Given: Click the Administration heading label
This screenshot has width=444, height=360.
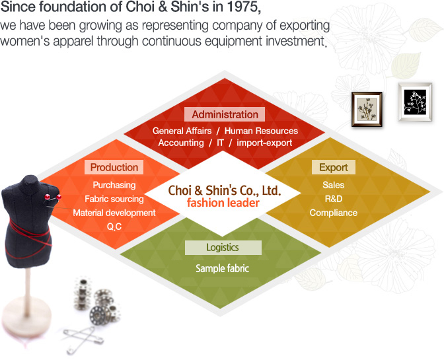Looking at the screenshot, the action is coord(225,114).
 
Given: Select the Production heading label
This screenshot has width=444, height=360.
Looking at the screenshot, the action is coord(114,167).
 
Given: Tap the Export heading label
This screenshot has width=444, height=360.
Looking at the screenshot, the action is coord(334,167).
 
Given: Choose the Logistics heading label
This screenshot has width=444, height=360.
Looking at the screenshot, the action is coord(223,248).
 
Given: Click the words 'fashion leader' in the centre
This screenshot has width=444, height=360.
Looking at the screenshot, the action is coord(223,203).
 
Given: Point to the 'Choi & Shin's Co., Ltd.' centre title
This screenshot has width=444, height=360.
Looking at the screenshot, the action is coord(225,190).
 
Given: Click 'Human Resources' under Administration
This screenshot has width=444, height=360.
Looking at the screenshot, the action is coord(261,131).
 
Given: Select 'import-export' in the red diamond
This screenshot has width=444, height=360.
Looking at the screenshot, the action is coord(264,143).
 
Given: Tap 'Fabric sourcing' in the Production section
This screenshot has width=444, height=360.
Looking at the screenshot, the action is coord(114,199).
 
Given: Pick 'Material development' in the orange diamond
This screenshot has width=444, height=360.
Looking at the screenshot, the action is coord(114,213).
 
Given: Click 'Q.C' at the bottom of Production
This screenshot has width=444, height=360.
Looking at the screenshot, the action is coord(114,227).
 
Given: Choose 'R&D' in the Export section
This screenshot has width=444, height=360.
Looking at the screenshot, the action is coord(334,199).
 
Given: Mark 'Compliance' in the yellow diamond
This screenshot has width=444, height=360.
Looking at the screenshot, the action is coord(334,213).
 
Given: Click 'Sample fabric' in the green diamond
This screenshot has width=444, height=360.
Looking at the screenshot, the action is coord(222,268).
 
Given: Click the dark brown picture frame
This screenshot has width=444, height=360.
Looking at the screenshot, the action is coord(367,109).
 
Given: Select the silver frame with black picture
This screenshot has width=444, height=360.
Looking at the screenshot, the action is coord(415,102).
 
